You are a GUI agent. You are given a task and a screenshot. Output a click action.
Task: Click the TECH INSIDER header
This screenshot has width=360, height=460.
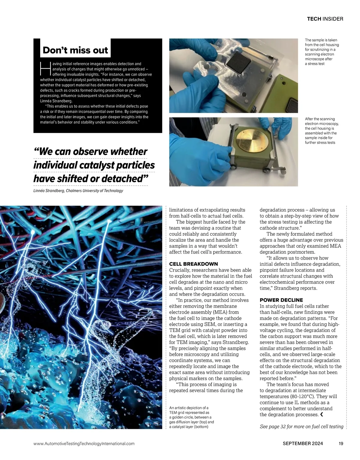pos(325,19)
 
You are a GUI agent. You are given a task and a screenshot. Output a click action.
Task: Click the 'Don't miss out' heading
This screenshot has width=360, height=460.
pos(75,50)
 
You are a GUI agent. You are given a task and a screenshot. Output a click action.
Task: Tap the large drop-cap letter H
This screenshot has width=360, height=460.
pos(45,69)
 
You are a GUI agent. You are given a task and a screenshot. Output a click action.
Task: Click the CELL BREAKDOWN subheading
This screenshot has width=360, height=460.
pos(193,264)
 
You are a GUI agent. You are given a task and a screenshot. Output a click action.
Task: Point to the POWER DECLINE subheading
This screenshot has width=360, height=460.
pos(281,300)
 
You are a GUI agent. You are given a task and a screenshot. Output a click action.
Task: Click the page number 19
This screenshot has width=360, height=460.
pos(341,443)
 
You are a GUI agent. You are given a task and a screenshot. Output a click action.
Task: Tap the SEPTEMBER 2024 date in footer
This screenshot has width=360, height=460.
pos(303,443)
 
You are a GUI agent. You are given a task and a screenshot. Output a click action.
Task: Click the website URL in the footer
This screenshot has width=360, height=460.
pos(84,443)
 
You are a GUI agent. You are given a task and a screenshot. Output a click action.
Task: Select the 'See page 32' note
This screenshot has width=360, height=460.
pos(301,426)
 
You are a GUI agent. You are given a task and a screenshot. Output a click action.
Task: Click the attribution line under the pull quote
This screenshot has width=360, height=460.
pos(78,191)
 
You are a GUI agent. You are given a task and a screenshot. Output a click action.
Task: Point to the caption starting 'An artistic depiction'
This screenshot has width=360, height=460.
pos(191,417)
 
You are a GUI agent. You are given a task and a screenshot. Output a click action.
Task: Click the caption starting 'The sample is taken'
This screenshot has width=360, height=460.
pos(322,52)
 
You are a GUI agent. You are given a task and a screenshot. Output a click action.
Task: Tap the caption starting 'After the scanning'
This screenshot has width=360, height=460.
pos(322,131)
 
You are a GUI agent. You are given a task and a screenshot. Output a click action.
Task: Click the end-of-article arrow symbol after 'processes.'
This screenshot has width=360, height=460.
pos(322,415)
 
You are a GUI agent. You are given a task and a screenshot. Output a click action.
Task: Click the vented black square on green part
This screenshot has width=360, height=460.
pos(292,106)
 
